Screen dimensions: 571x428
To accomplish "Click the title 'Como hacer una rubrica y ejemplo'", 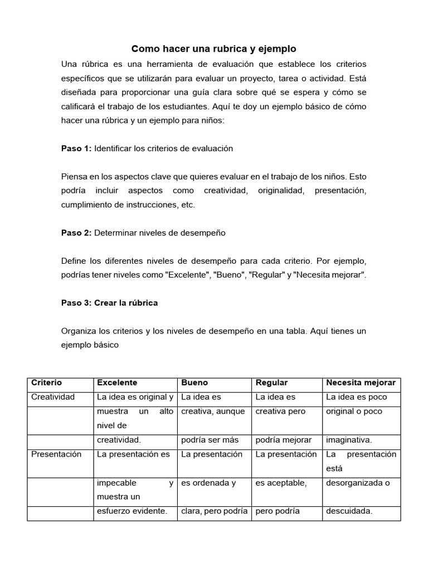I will click(213, 49).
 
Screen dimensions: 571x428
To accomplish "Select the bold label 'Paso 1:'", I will click(76, 148).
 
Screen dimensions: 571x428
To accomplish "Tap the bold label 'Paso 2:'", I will click(76, 233).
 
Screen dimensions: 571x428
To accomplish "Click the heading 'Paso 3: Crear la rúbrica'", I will click(109, 303).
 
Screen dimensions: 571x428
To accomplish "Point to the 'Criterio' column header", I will click(47, 383).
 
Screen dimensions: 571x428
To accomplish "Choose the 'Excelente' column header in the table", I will click(117, 383).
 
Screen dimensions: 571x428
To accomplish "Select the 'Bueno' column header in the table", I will click(194, 383).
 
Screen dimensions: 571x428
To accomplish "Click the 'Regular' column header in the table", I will click(271, 383).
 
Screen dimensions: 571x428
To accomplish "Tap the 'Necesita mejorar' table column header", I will click(361, 383).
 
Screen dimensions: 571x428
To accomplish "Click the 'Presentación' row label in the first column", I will click(56, 454).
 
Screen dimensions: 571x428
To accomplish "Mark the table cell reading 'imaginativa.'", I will click(349, 439).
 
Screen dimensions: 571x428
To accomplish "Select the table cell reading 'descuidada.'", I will click(349, 511).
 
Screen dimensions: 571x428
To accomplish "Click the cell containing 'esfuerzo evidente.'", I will click(132, 511).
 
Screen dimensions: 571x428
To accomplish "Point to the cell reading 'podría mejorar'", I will click(283, 439).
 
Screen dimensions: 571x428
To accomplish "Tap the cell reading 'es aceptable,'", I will click(281, 483).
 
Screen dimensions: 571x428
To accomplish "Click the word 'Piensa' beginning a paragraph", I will click(74, 177).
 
